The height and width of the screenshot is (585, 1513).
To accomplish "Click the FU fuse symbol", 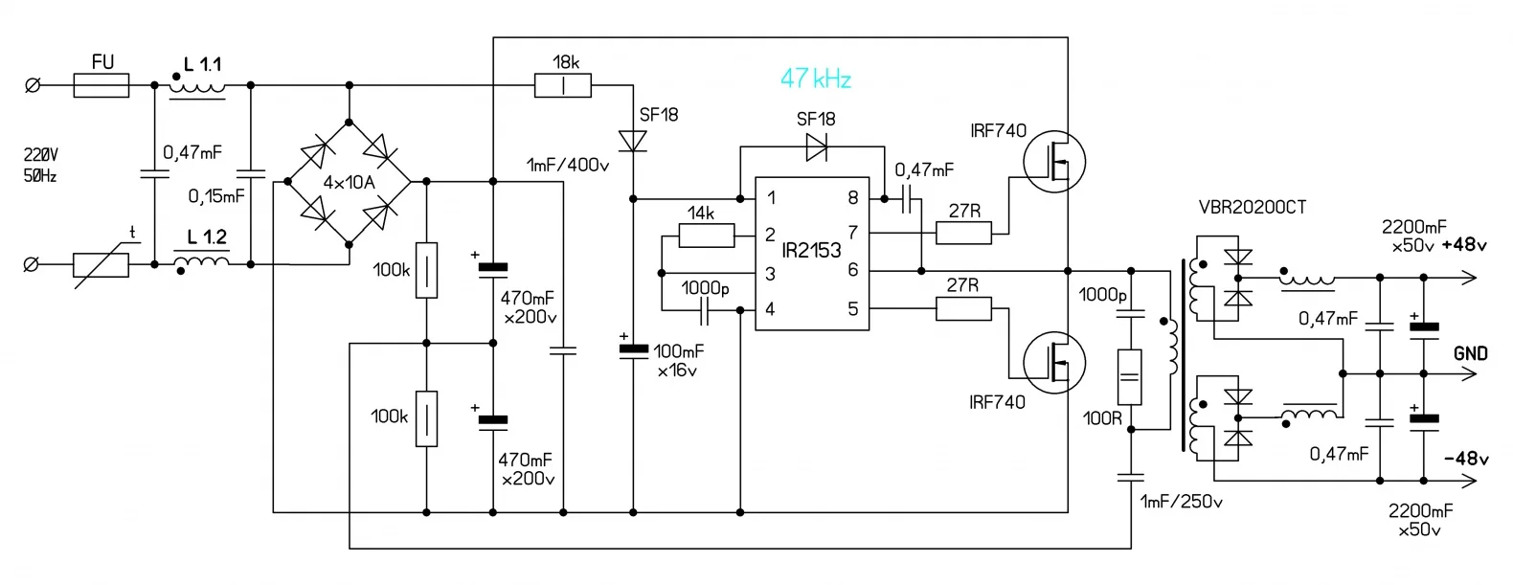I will click(x=102, y=86).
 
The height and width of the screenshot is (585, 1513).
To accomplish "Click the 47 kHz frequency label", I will click(x=815, y=79).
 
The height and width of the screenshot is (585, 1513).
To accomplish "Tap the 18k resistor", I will click(x=563, y=86).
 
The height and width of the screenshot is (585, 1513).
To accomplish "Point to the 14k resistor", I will click(x=706, y=235).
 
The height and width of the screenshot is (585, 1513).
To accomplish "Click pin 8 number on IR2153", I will click(x=852, y=198).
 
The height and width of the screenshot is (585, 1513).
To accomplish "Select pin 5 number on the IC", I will click(x=852, y=308).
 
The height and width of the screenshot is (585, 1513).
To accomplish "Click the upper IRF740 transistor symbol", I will click(x=1054, y=161).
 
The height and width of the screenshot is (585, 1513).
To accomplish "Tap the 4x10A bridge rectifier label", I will click(x=349, y=182).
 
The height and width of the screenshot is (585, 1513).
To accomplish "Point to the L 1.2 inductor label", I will click(x=207, y=237).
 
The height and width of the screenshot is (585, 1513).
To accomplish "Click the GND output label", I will click(x=1470, y=353).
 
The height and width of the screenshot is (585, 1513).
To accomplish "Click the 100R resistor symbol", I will click(x=1130, y=377).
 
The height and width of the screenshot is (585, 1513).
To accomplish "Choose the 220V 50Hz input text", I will click(x=40, y=165).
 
